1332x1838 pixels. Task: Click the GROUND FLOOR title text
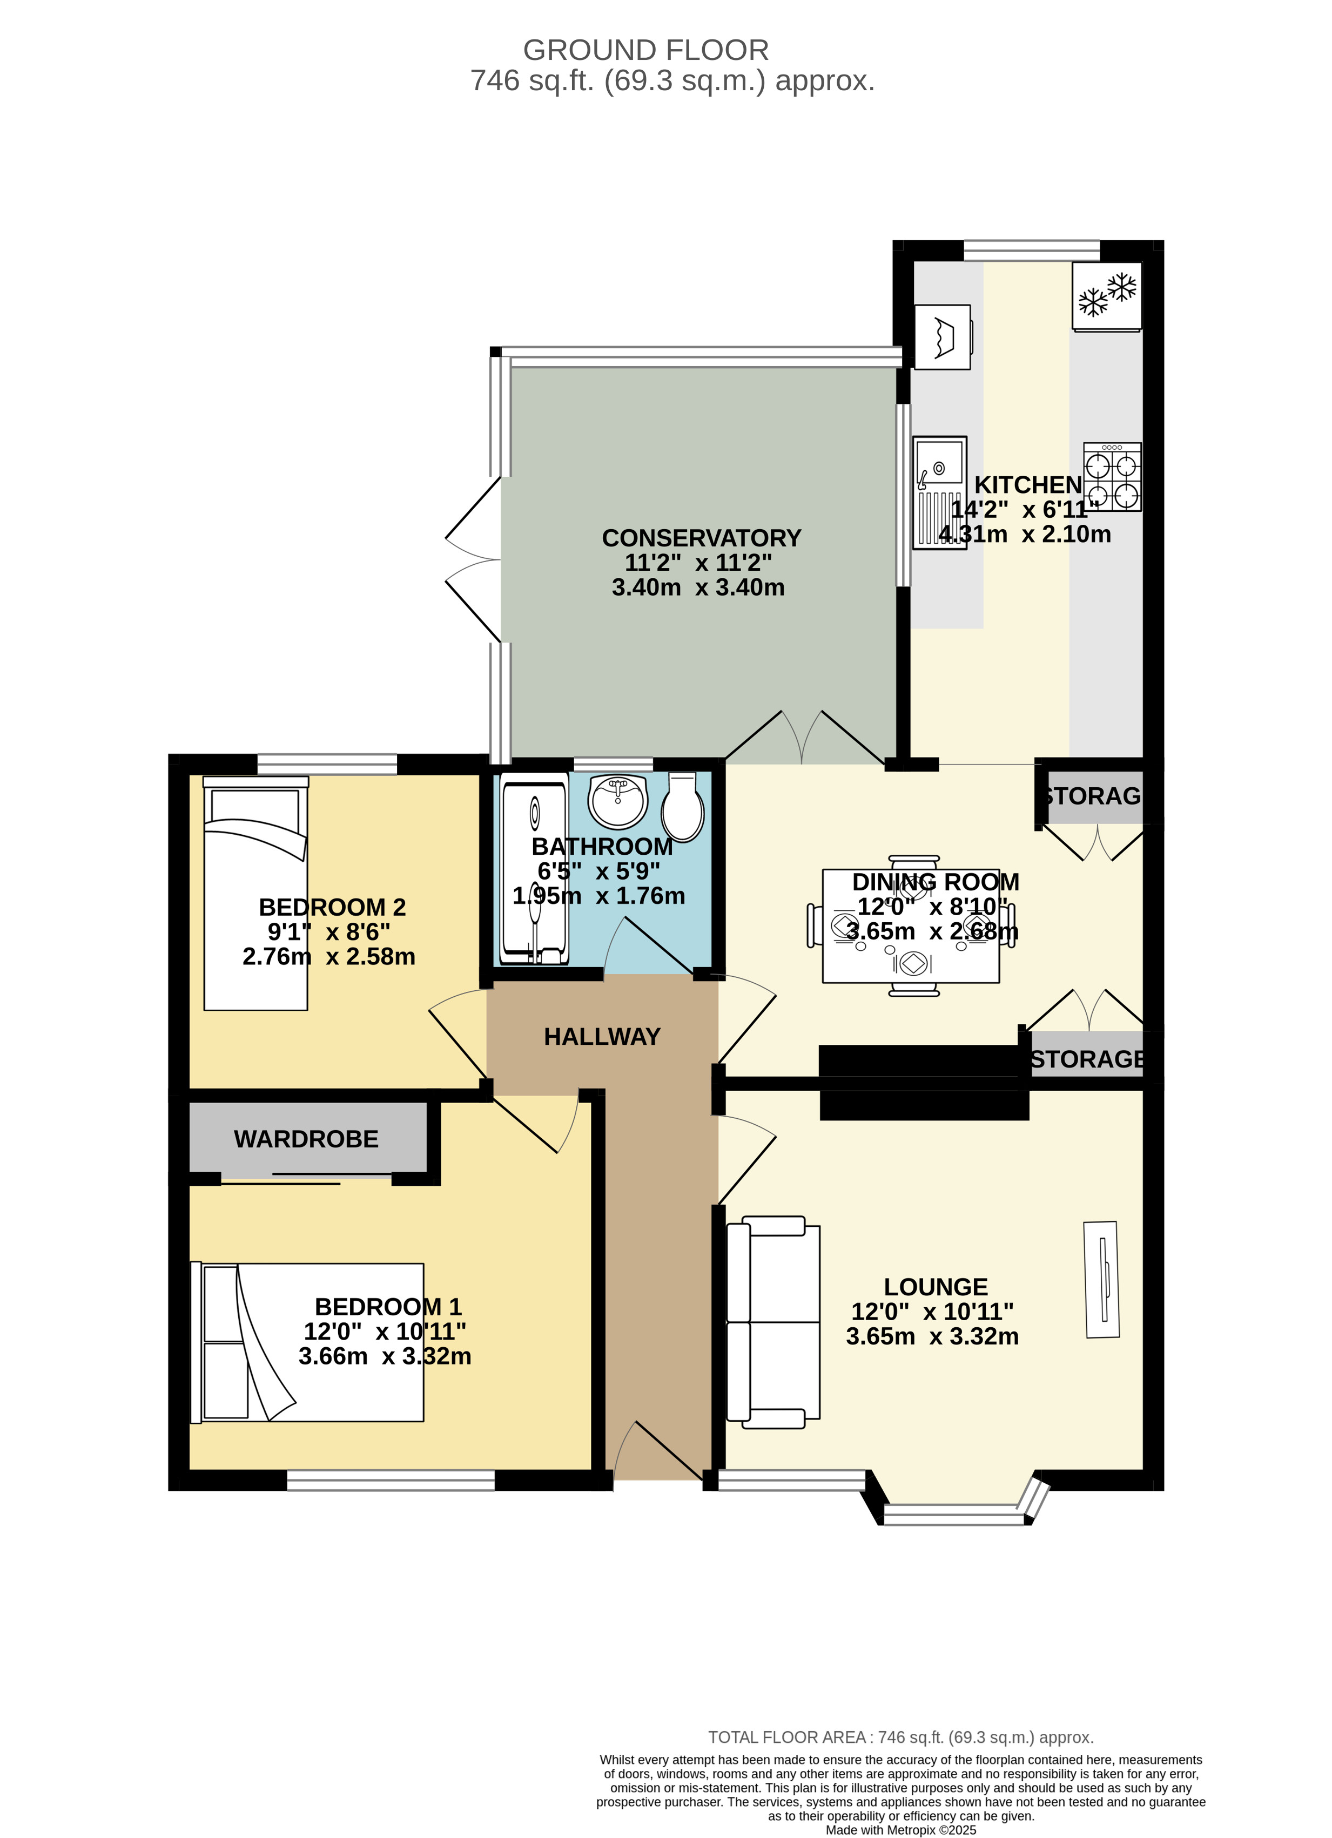645,50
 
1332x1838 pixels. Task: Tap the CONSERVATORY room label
701,538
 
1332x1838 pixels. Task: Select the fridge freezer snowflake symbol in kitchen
1107,296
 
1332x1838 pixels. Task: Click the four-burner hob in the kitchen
1112,477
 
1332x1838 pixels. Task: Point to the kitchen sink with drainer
939,493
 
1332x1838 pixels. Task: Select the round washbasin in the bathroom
618,801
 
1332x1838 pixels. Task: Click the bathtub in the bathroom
534,867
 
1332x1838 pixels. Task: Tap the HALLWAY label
602,1037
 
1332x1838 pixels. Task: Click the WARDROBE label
306,1139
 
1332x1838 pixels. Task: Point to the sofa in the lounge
772,1322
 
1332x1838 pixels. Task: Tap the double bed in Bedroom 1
308,1343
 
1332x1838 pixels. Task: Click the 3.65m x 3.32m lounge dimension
932,1336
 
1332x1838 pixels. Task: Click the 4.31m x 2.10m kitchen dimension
1024,534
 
